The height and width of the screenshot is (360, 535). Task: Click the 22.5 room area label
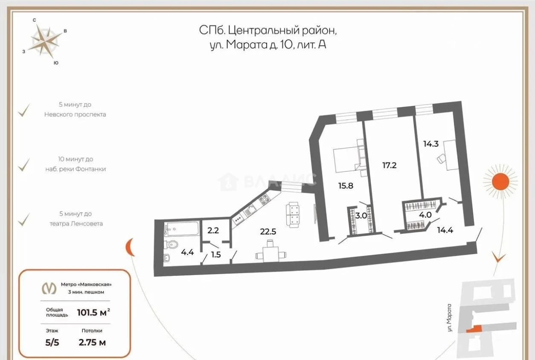click(x=268, y=231)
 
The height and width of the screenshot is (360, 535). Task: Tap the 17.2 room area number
click(x=390, y=165)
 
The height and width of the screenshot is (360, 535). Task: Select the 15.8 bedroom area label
click(x=346, y=186)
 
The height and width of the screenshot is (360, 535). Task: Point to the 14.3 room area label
click(x=431, y=144)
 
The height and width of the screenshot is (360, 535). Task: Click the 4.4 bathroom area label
click(x=187, y=252)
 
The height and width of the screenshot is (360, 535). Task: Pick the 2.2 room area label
click(x=213, y=230)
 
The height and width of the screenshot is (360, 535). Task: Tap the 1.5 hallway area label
click(x=216, y=255)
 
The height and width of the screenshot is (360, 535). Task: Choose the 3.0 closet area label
click(x=361, y=215)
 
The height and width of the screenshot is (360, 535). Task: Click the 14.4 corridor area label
click(x=445, y=230)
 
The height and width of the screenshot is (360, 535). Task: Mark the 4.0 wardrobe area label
click(x=425, y=215)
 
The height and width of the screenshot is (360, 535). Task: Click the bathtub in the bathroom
click(x=182, y=229)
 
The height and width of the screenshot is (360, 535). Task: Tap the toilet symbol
click(x=171, y=244)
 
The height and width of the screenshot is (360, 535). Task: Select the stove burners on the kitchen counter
click(x=264, y=200)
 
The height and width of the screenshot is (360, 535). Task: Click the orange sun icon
click(x=500, y=182)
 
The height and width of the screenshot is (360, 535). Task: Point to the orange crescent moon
click(x=130, y=247)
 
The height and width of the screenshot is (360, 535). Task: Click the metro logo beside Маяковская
click(x=49, y=288)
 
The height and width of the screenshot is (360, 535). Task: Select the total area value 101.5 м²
click(x=93, y=312)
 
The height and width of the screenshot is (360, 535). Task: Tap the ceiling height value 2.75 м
click(x=92, y=343)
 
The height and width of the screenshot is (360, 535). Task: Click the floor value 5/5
click(x=52, y=343)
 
